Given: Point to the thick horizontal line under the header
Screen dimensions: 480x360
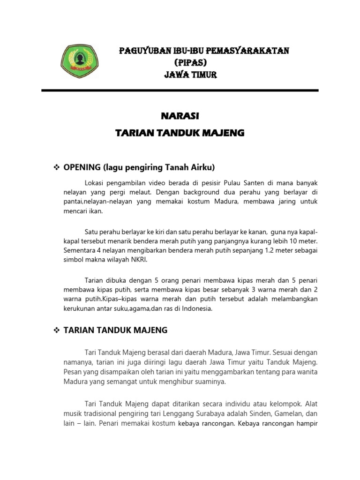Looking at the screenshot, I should [x=180, y=90].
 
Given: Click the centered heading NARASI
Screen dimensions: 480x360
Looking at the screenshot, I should [x=180, y=115].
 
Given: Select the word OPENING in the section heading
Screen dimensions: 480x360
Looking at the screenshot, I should [x=82, y=167].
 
